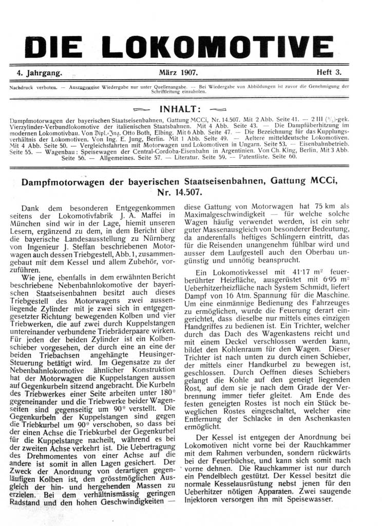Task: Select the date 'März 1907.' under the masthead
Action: (179, 73)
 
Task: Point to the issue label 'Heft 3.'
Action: (329, 73)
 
